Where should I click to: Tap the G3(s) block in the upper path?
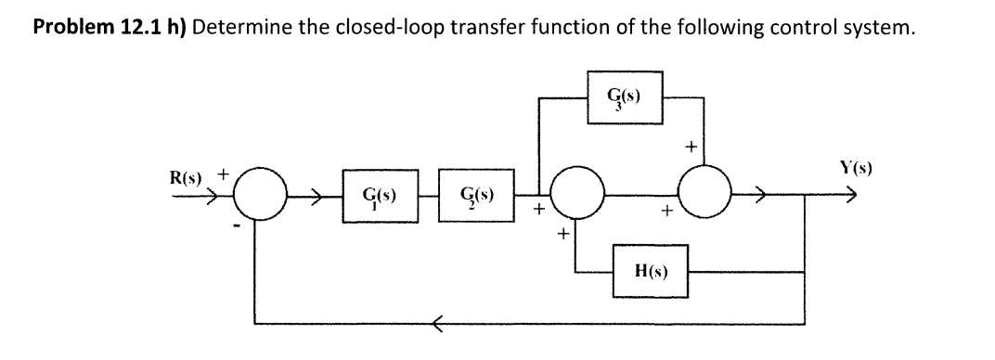623,96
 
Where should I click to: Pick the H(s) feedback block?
649,271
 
